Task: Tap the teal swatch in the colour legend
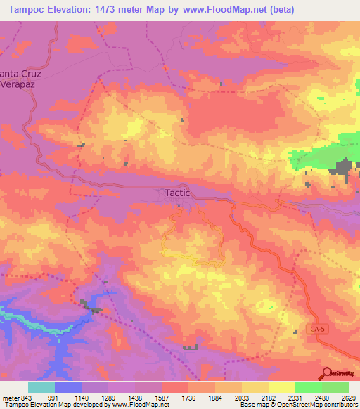[41, 387]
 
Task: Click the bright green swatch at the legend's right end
[335, 387]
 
